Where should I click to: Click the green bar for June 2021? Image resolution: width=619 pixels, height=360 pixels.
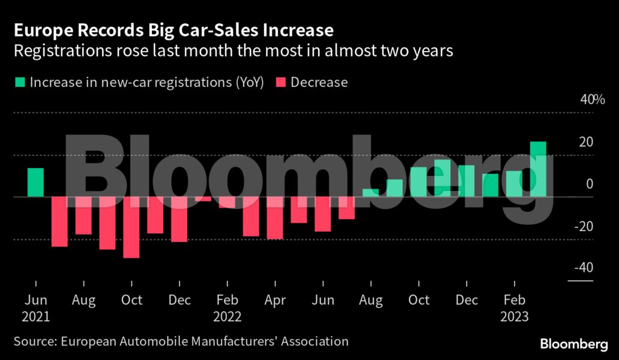(35, 182)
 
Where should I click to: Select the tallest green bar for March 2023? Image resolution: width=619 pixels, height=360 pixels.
(538, 169)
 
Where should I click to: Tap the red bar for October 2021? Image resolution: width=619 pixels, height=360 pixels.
(131, 227)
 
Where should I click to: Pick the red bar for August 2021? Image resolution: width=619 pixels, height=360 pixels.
(83, 215)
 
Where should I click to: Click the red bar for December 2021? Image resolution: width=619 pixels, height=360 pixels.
(179, 220)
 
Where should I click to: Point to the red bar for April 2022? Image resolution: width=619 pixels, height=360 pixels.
(275, 218)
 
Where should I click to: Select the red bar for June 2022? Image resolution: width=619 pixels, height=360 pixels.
(323, 214)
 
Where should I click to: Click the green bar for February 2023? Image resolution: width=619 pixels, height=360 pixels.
(515, 184)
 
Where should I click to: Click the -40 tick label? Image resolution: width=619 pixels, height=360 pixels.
(583, 268)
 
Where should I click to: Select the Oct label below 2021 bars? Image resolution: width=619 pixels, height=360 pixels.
(131, 300)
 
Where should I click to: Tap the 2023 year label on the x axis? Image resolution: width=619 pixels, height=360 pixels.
(515, 316)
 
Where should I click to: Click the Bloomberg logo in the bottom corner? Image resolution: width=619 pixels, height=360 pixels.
(573, 344)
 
